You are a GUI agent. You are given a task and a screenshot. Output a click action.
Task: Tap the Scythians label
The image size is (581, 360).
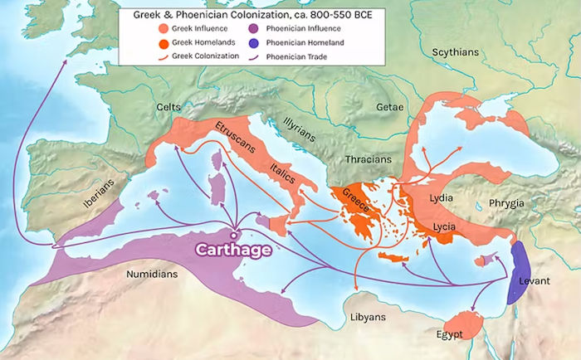[x=456, y=52]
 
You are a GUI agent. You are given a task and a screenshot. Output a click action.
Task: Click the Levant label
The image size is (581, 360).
[x=535, y=281]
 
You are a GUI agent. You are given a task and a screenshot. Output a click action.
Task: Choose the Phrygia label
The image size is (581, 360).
[x=506, y=203]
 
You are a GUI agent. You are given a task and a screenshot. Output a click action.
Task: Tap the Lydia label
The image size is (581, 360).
[x=442, y=199]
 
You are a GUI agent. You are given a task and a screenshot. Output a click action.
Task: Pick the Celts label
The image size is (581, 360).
[x=169, y=108]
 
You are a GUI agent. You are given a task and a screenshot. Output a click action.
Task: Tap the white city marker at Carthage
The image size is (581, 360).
[x=238, y=231]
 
